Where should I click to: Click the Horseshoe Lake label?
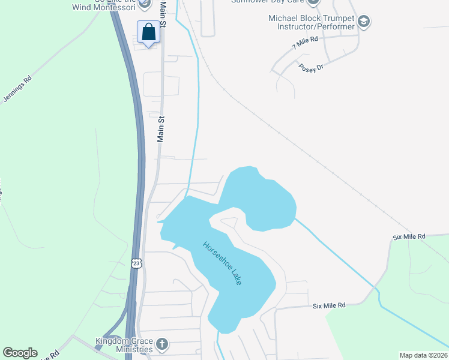[222, 263]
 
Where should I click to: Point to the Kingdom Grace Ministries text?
[124, 345]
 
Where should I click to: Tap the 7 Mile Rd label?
[304, 42]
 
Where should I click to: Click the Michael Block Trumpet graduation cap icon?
[363, 22]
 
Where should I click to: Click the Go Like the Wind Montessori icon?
[143, 4]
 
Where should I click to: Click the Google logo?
[20, 353]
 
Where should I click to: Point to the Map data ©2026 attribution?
[423, 355]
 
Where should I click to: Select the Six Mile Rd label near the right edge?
[409, 237]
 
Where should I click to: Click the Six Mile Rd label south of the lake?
[329, 305]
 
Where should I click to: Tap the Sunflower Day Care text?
[268, 2]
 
